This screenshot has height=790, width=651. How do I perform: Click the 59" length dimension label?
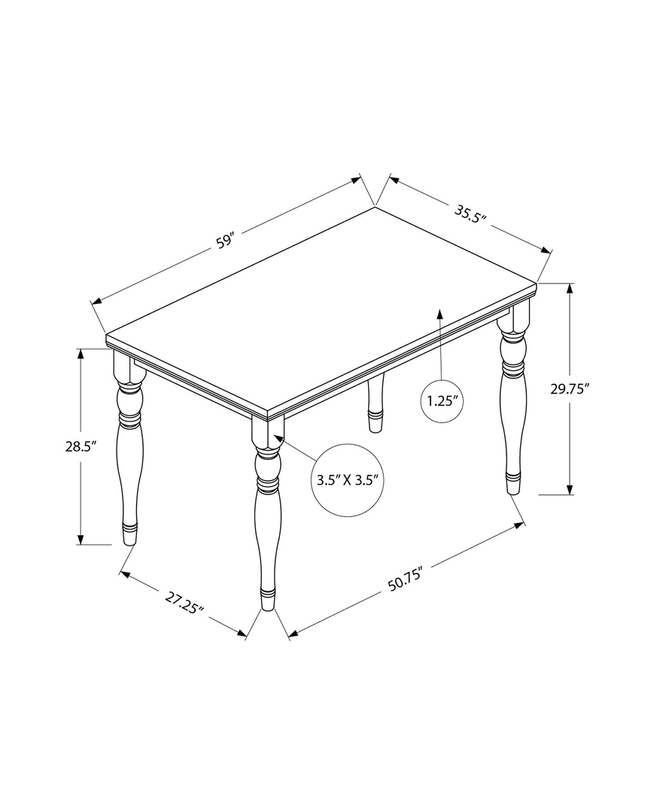tap(225, 242)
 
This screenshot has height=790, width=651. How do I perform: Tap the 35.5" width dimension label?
tap(471, 214)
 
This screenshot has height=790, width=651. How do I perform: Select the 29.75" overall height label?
tap(569, 388)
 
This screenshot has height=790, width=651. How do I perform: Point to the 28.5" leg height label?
tap(81, 445)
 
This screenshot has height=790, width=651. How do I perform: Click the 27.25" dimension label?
tap(184, 603)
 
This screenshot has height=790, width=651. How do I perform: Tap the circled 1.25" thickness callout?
tap(443, 400)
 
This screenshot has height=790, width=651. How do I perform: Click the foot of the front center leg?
tap(267, 599)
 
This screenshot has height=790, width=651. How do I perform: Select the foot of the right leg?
tap(513, 484)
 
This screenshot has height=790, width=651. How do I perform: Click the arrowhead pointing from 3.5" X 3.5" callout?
tap(278, 437)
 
